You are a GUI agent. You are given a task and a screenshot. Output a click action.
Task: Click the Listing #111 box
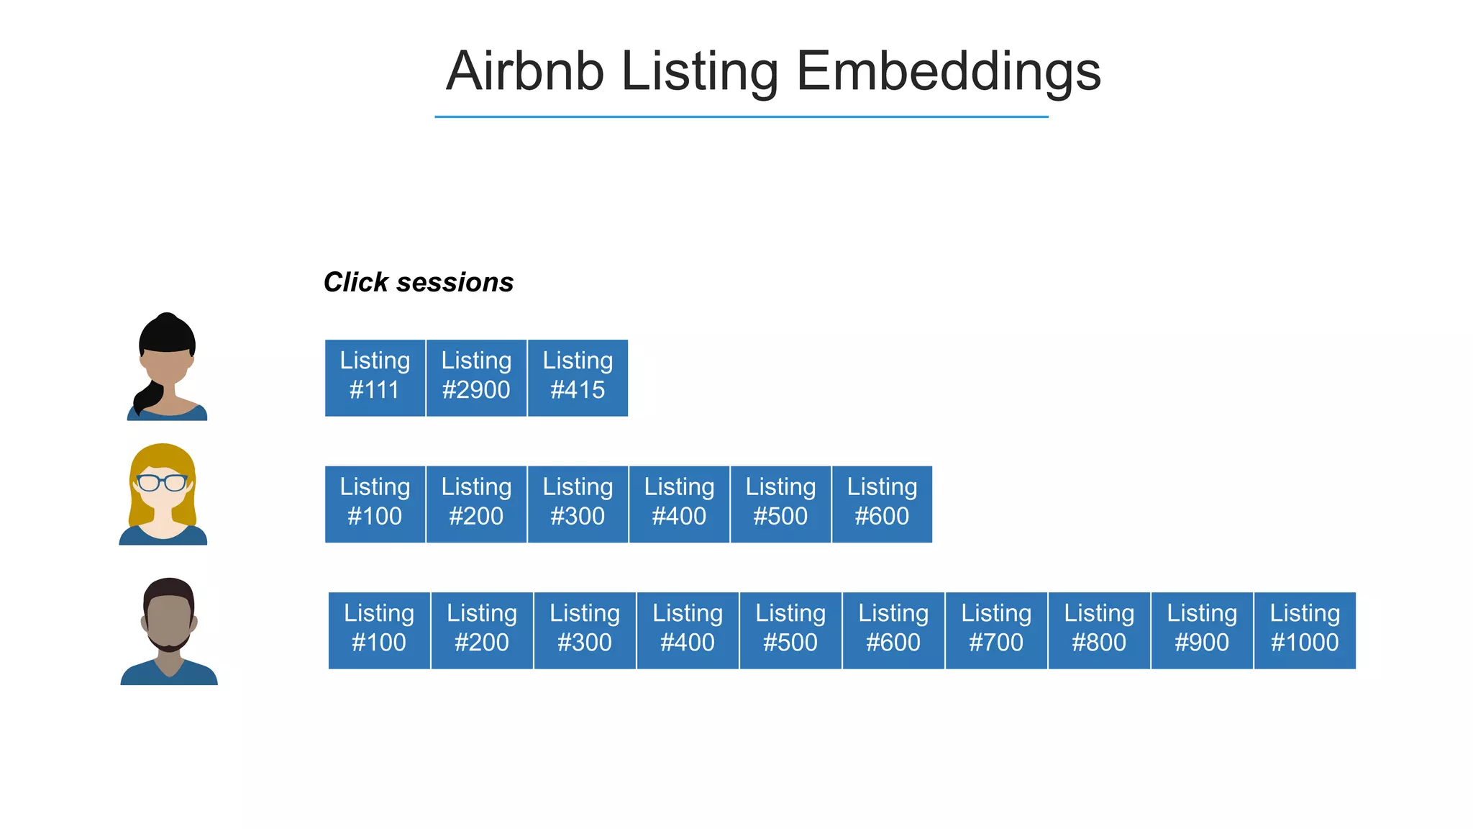pos(375,378)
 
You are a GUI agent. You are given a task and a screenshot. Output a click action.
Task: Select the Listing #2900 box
pos(476,378)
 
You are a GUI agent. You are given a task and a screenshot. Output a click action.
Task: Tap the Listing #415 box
pos(578,378)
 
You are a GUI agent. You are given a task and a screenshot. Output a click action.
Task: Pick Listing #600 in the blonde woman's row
pos(882,504)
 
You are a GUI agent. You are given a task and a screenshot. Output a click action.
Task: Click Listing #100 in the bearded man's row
pos(379,630)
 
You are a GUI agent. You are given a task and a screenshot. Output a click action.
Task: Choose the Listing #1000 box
pos(1305,630)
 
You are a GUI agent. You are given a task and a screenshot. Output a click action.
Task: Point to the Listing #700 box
pos(996,630)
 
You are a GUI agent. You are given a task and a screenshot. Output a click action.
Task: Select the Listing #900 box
pos(1202,630)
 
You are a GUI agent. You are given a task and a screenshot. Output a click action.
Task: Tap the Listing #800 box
pos(1099,630)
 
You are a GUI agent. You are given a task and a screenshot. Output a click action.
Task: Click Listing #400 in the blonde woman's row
pos(679,504)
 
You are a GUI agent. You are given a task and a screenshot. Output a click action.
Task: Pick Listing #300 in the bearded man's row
pos(585,630)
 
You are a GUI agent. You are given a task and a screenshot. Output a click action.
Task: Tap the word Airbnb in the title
pos(525,71)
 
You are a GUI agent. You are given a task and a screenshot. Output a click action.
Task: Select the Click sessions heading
pos(419,282)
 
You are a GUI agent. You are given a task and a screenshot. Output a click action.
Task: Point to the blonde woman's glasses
pos(163,482)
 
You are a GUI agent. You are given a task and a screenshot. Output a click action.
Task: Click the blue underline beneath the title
pos(741,117)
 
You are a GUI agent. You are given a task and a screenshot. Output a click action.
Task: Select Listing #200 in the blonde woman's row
pos(476,504)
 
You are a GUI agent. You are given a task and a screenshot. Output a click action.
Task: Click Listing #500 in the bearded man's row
pos(790,630)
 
